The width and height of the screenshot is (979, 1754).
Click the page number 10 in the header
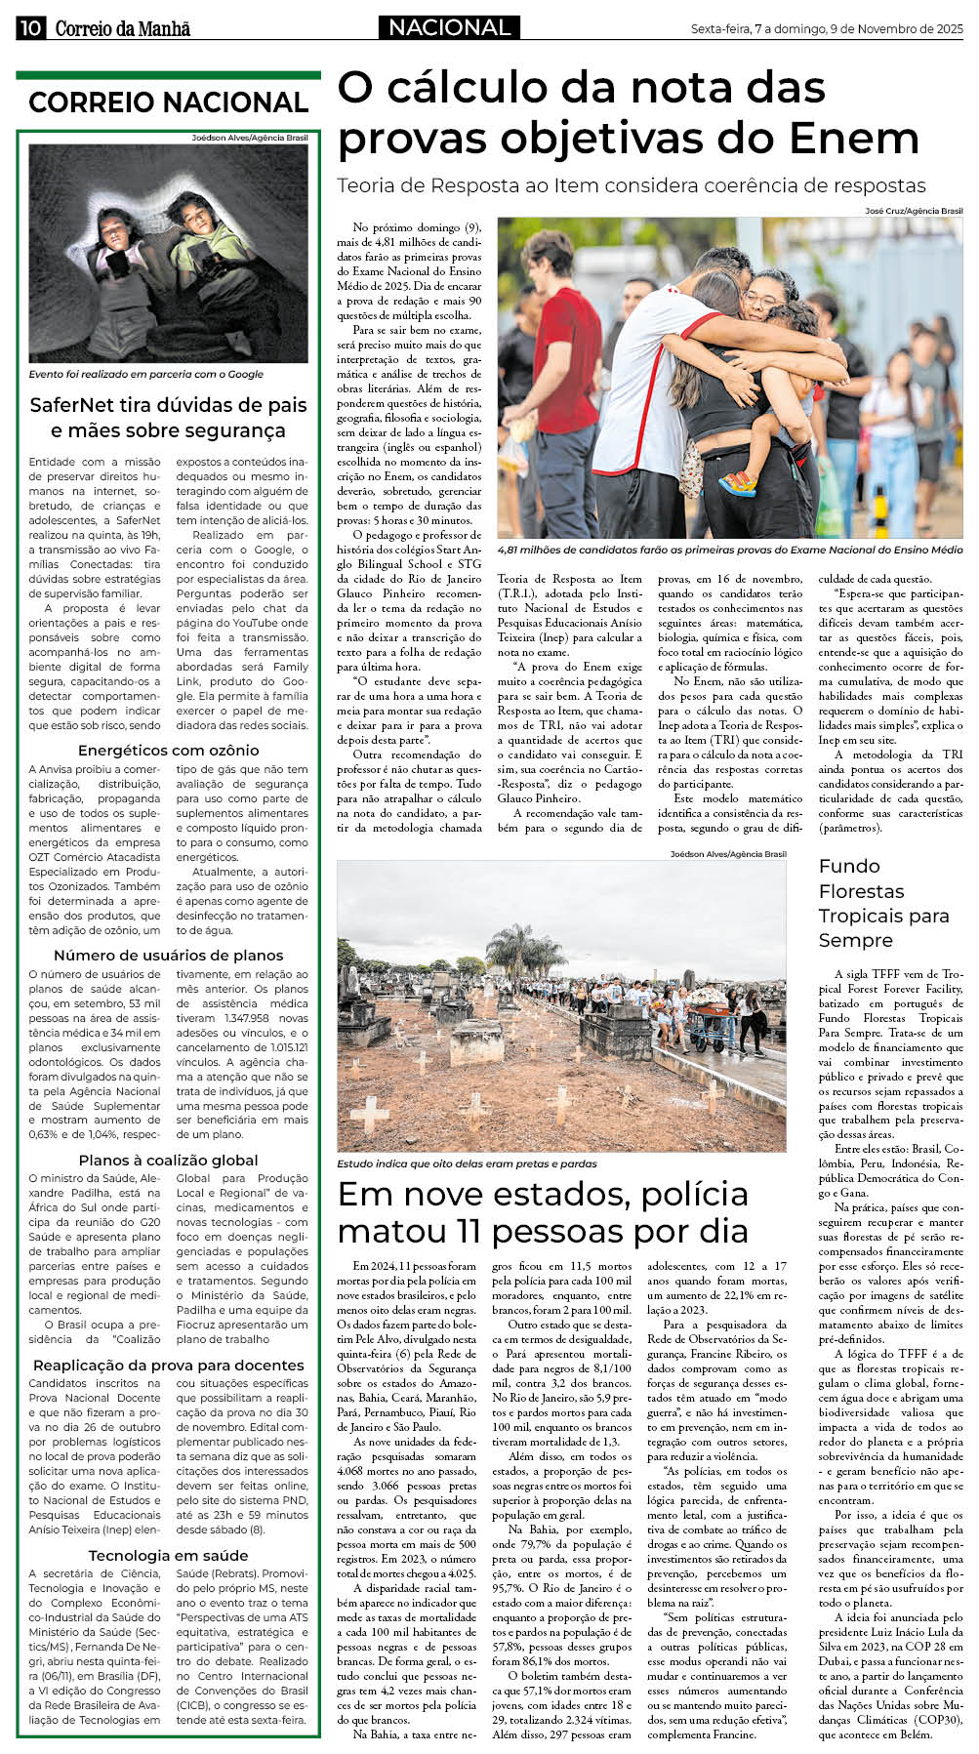(29, 27)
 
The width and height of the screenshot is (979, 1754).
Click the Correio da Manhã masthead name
(122, 28)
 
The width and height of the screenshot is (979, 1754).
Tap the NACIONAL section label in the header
(449, 27)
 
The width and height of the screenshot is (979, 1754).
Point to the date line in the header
(826, 29)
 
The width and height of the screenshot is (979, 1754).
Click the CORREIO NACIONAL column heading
(168, 102)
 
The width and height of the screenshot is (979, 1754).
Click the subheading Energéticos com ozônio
(168, 750)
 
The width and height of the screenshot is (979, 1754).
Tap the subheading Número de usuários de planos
(168, 955)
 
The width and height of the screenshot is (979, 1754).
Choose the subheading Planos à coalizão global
(168, 1160)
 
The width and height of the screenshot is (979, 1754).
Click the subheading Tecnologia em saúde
(168, 1555)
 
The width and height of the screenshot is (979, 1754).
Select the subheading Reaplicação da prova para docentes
(168, 1365)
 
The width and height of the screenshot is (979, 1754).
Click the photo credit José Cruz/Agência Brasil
(914, 211)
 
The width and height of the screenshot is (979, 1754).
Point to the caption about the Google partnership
(145, 374)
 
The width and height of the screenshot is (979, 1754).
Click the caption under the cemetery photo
(467, 1163)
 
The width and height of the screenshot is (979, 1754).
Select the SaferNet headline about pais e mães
(168, 418)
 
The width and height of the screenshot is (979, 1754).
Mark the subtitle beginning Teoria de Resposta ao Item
(631, 185)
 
